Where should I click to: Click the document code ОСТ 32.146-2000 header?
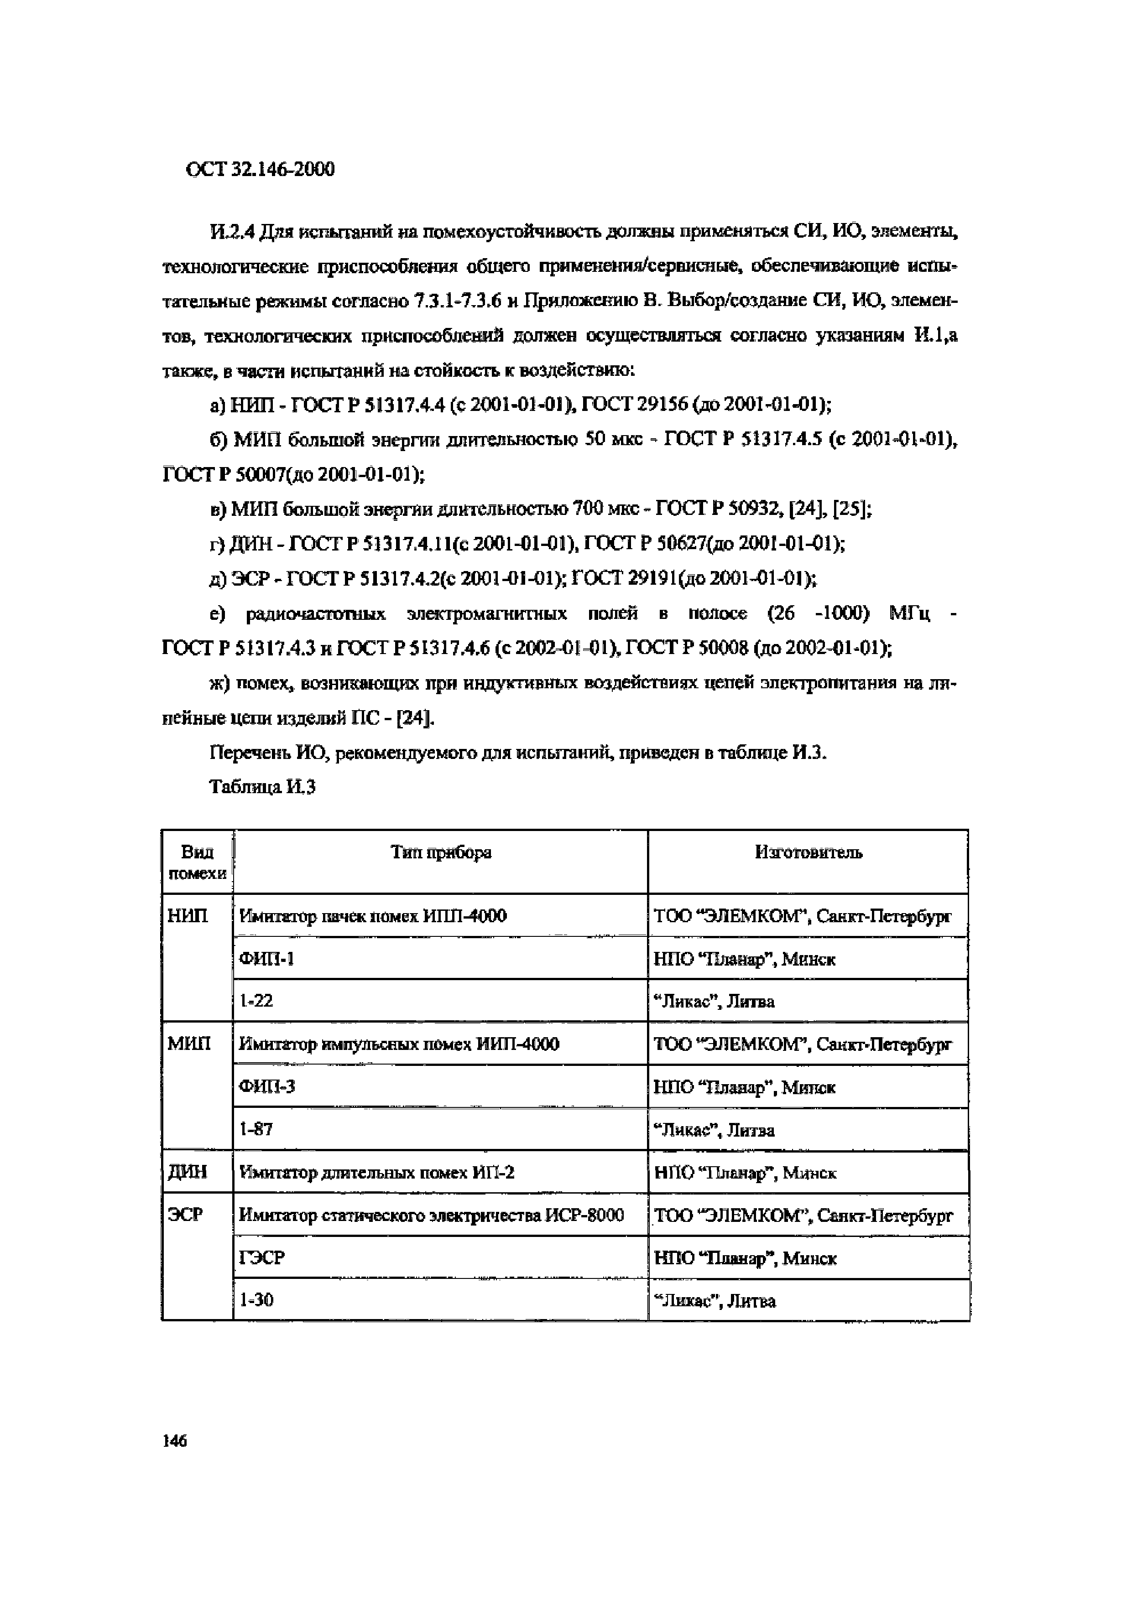pyautogui.click(x=260, y=169)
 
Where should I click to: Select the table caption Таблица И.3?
pyautogui.click(x=262, y=787)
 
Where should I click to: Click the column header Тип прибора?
pyautogui.click(x=441, y=852)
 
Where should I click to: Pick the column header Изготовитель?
pyautogui.click(x=808, y=852)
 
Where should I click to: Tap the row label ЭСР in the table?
pyautogui.click(x=185, y=1215)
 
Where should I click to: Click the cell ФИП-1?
pyautogui.click(x=266, y=959)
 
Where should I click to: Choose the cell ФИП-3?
pyautogui.click(x=266, y=1086)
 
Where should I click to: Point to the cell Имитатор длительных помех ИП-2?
pyautogui.click(x=376, y=1172)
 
